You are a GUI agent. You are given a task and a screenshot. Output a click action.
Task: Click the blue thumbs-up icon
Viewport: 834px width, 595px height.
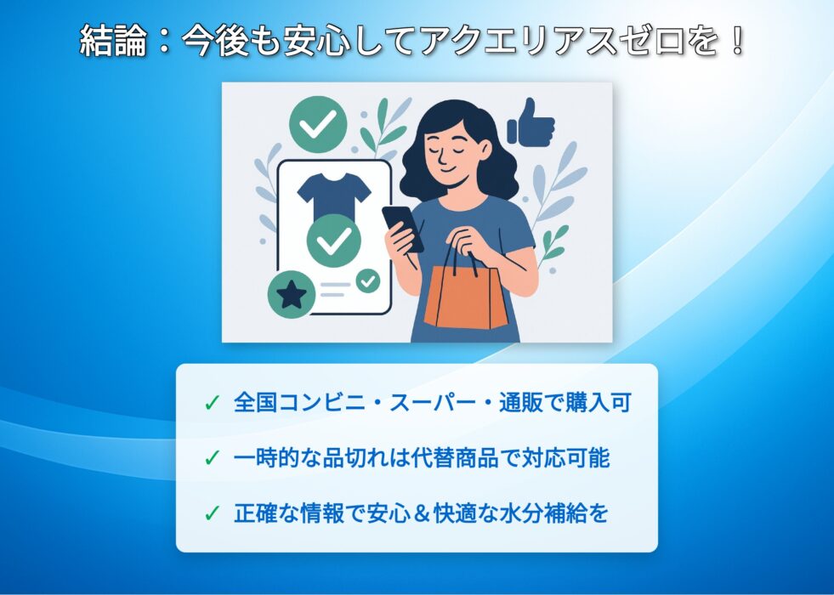(x=530, y=122)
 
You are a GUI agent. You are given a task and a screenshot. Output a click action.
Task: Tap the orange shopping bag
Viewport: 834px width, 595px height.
(x=466, y=296)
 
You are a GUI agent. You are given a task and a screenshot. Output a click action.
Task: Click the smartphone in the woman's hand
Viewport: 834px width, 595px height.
(x=403, y=229)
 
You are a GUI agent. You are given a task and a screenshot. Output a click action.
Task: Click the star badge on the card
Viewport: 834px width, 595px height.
(x=292, y=295)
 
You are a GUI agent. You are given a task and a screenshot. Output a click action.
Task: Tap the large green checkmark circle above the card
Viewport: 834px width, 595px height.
(x=318, y=124)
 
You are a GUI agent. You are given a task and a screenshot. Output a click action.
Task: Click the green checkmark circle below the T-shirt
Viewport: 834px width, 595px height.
(x=334, y=241)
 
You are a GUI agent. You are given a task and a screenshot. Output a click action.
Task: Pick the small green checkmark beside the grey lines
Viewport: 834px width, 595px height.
(x=368, y=280)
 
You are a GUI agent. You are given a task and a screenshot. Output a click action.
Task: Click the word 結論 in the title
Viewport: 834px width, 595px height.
(x=113, y=42)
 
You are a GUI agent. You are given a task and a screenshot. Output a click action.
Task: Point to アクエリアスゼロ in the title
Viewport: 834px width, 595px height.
(x=552, y=42)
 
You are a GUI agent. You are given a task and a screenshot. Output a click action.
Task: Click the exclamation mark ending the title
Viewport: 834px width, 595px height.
(x=737, y=42)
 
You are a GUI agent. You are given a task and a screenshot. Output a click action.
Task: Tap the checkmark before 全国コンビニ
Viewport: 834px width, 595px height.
(x=212, y=404)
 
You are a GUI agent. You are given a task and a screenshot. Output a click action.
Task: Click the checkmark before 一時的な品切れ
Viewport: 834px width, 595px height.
(x=212, y=458)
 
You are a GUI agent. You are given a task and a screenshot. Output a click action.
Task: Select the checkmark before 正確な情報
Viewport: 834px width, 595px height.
(x=212, y=513)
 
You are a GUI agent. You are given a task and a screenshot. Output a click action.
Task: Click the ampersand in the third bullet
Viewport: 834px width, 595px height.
(x=422, y=514)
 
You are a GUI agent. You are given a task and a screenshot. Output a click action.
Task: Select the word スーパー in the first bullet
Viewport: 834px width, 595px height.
(x=433, y=403)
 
